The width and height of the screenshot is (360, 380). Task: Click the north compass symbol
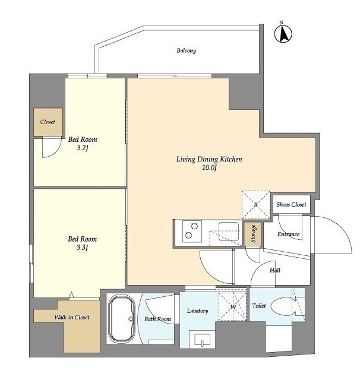click(x=283, y=33)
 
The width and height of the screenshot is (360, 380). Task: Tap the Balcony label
click(x=186, y=50)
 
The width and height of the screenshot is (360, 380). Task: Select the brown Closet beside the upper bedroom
click(x=48, y=122)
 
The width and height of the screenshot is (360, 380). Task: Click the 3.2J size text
click(x=82, y=148)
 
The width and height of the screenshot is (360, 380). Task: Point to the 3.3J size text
click(x=82, y=248)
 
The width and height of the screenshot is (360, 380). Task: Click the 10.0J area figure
click(x=209, y=167)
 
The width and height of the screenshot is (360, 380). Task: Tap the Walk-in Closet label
click(x=72, y=317)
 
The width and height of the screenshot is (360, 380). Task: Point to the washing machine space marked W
click(x=233, y=307)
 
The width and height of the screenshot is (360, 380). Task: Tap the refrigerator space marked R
click(x=256, y=205)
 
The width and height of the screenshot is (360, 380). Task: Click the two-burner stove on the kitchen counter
click(x=192, y=231)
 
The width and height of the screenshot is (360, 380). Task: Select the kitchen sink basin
click(x=229, y=232)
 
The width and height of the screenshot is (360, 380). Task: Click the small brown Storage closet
click(x=253, y=234)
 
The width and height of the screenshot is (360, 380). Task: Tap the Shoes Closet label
click(x=292, y=204)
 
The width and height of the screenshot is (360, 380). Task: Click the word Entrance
click(x=288, y=234)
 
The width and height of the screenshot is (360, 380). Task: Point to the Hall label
click(x=275, y=270)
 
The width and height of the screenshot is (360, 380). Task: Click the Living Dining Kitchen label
click(x=209, y=159)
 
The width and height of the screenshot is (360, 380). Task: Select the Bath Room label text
click(x=157, y=319)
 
